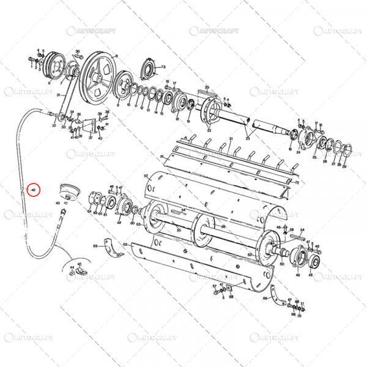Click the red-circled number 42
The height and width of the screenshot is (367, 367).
click(x=34, y=191)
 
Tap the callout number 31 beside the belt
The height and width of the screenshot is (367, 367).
click(x=57, y=95)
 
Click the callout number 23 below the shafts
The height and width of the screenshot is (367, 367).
click(x=248, y=139)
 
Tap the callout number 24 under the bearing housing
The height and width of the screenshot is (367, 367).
click(x=300, y=154)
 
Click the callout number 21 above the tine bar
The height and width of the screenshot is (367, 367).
click(x=231, y=139)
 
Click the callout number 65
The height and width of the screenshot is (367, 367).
click(x=95, y=247)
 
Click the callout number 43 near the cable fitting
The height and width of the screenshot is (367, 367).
click(x=57, y=202)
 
